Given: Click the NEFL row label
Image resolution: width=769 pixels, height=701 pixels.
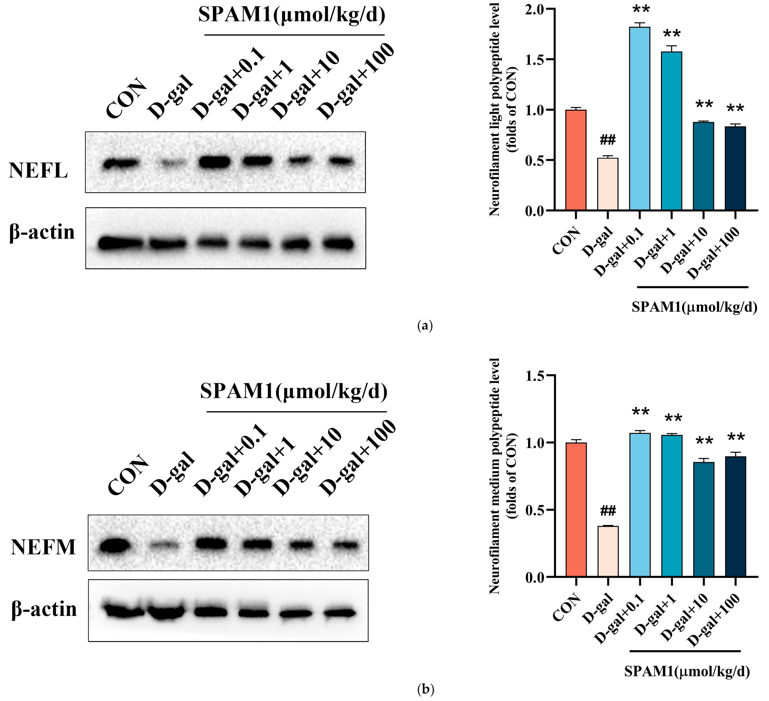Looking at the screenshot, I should pyautogui.click(x=38, y=170).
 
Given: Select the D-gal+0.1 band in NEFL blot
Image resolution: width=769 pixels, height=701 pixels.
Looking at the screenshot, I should pyautogui.click(x=214, y=162).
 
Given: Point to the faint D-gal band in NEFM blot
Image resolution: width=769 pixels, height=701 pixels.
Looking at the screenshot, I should pyautogui.click(x=165, y=546).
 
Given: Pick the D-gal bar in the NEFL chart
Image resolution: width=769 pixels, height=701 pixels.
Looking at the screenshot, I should pyautogui.click(x=608, y=184).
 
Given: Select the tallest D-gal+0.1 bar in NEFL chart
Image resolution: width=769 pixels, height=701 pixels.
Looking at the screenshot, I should pyautogui.click(x=640, y=118).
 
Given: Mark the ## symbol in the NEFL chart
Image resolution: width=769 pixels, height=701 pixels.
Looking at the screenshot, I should pyautogui.click(x=608, y=140).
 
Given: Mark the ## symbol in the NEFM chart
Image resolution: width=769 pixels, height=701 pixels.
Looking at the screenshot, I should pyautogui.click(x=608, y=510).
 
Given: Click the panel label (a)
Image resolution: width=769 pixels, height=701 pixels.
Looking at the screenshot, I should pyautogui.click(x=425, y=326).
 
